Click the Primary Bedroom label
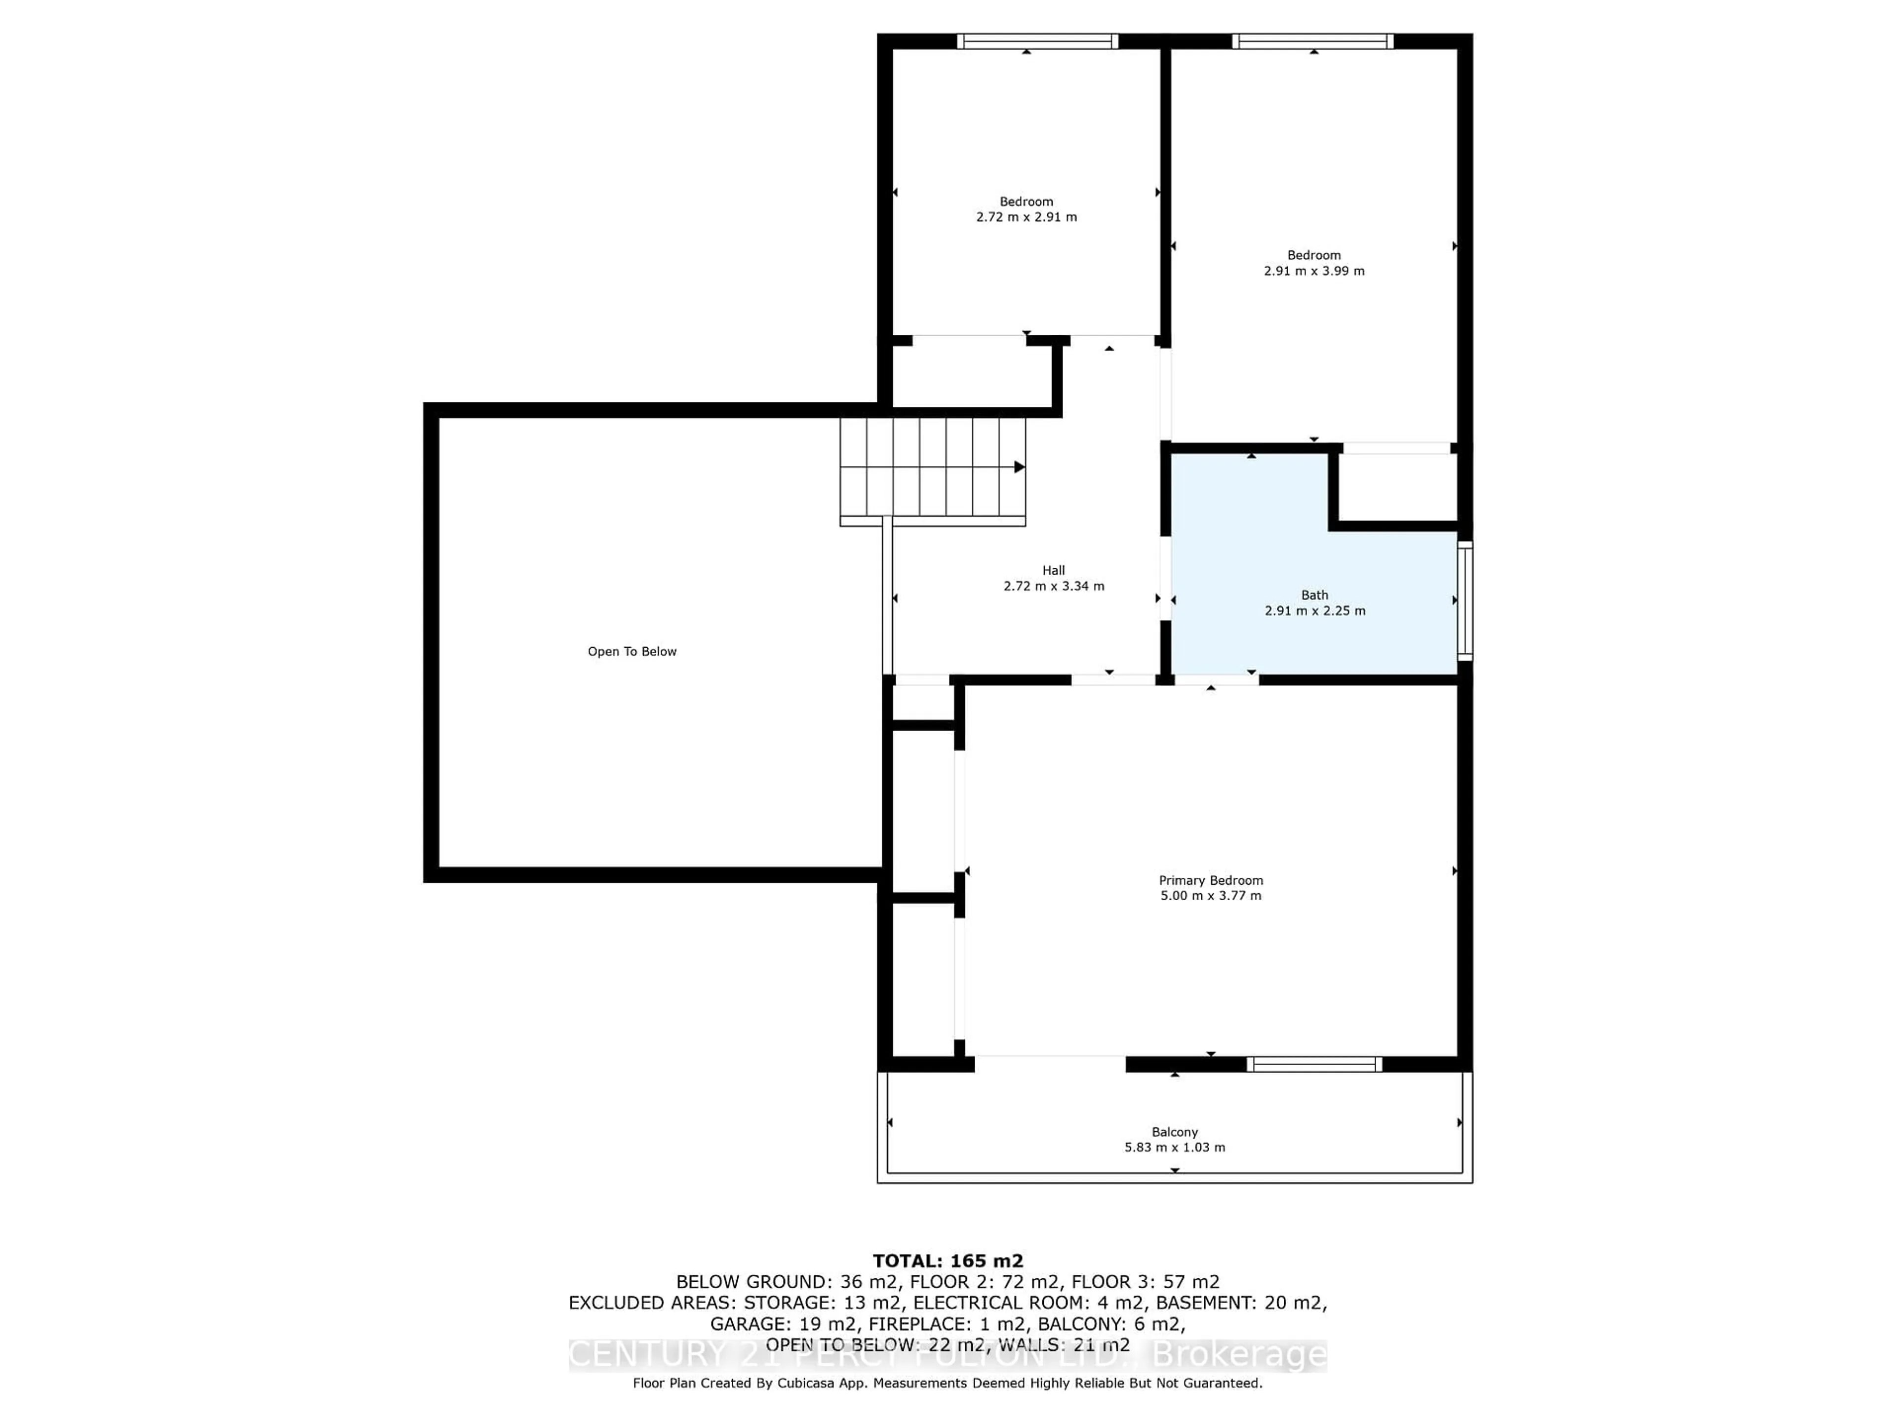(1210, 880)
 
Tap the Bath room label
(1314, 595)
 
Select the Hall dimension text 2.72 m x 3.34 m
(1054, 586)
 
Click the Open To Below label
(632, 651)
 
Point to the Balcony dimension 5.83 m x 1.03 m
(1174, 1147)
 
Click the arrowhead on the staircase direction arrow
(1019, 467)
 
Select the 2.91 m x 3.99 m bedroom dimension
(1314, 271)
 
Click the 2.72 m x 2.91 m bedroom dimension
(1026, 217)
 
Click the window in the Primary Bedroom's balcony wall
(1314, 1065)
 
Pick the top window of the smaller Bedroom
(1037, 41)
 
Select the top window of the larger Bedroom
(1312, 41)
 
